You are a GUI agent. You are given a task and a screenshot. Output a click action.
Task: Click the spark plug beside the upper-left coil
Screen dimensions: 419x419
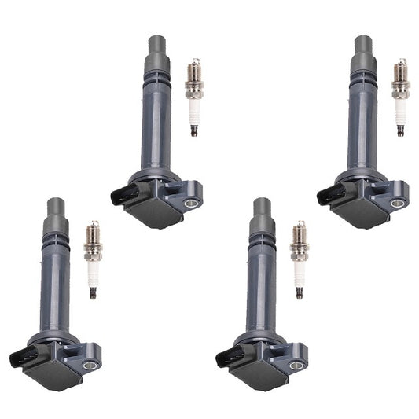[193, 97]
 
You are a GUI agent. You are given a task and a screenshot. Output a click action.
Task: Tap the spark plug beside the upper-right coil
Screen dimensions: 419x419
[399, 97]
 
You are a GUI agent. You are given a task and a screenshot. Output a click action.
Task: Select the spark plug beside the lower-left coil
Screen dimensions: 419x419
[92, 259]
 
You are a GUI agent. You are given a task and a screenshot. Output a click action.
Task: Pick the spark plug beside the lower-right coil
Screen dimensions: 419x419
[298, 259]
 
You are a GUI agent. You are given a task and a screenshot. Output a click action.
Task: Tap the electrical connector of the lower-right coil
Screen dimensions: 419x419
[226, 357]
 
